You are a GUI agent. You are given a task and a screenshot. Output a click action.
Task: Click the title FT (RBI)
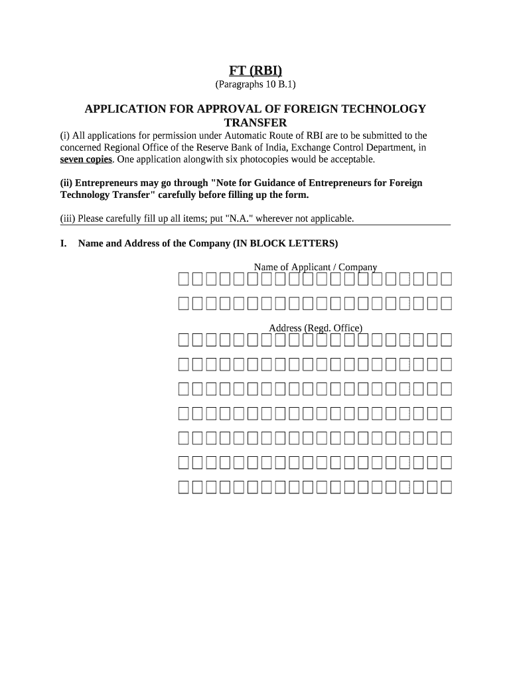[256, 70]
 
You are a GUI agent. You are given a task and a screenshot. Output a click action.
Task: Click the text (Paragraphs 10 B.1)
[256, 84]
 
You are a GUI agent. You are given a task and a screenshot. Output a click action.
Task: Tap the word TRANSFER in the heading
[256, 123]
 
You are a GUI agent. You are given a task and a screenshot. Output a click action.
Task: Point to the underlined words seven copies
[86, 159]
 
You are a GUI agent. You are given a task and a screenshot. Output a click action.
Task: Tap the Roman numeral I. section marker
[64, 243]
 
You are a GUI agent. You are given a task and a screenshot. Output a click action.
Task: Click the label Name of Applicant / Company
[315, 267]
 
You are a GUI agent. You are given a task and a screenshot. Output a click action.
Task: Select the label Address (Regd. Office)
[315, 328]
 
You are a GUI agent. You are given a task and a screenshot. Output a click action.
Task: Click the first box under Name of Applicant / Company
[184, 279]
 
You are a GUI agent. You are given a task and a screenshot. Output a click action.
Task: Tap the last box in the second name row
[447, 303]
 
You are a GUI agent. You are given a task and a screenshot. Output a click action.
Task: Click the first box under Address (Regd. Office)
[184, 340]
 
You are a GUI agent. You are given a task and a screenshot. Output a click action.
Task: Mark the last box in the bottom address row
[447, 487]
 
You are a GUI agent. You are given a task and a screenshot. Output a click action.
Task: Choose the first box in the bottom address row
[184, 487]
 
